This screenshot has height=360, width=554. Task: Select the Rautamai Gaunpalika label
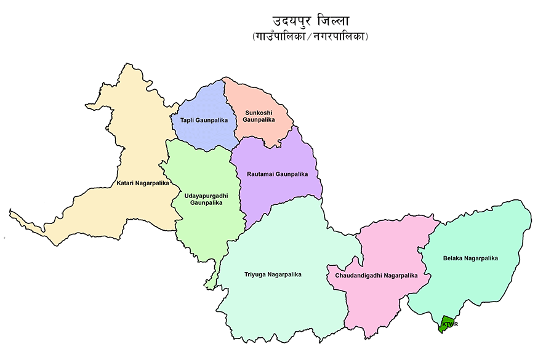point(277,174)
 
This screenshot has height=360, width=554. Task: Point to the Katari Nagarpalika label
point(143,183)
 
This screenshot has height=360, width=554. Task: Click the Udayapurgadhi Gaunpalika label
point(206,199)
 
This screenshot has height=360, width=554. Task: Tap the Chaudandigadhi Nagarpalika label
point(376,276)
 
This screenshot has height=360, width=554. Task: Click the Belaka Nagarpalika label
point(470,258)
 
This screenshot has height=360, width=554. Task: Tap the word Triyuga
point(255,274)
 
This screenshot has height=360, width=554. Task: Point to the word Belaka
point(454,258)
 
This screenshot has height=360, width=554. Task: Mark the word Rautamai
point(261,174)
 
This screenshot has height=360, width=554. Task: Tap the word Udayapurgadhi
point(206,195)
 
